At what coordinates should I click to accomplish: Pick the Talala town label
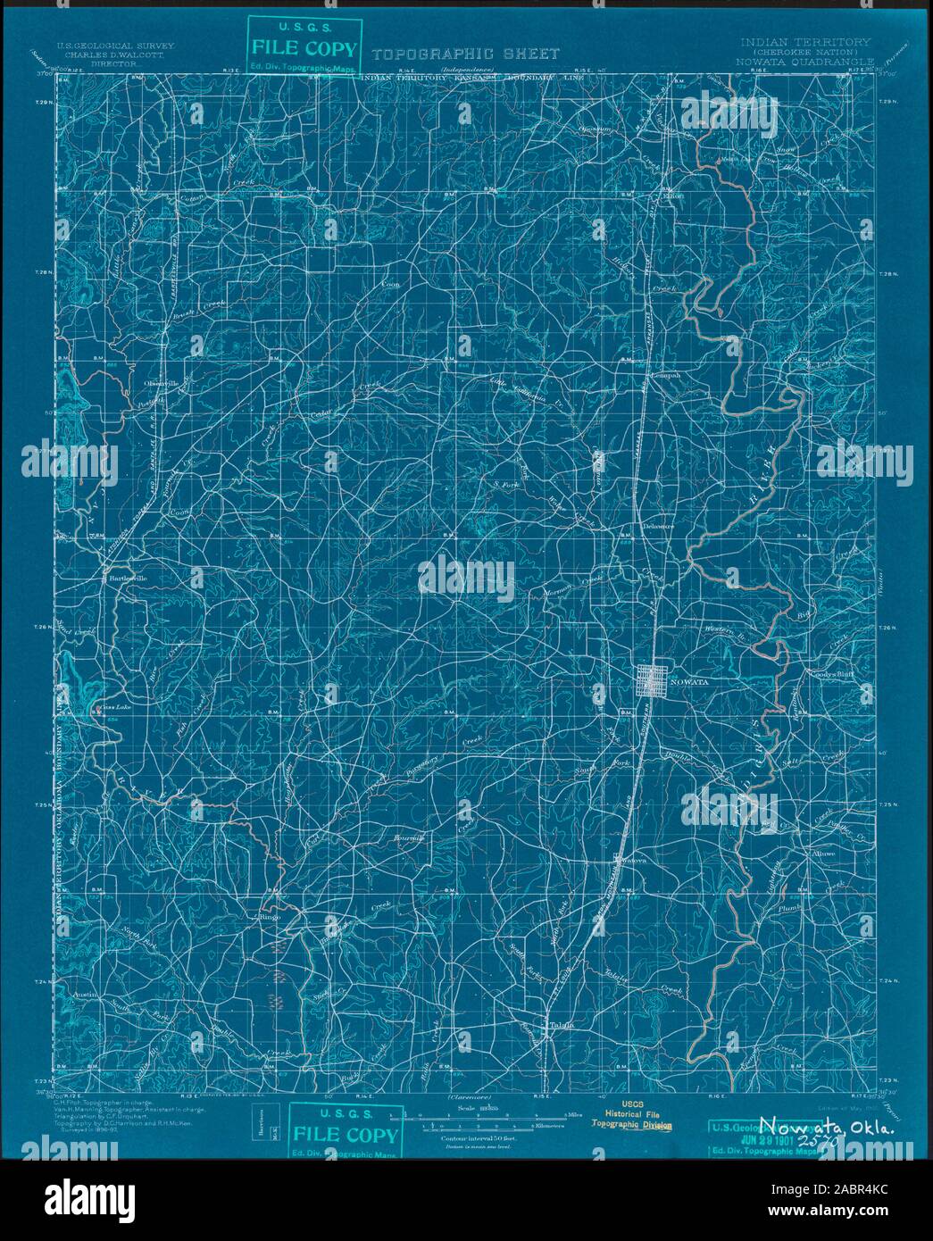tap(559, 1025)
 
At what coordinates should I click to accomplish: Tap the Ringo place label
tap(269, 917)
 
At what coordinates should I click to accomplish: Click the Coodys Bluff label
tap(831, 675)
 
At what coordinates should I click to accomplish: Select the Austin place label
tap(84, 994)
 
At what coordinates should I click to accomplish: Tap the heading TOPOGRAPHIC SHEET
tap(465, 54)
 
